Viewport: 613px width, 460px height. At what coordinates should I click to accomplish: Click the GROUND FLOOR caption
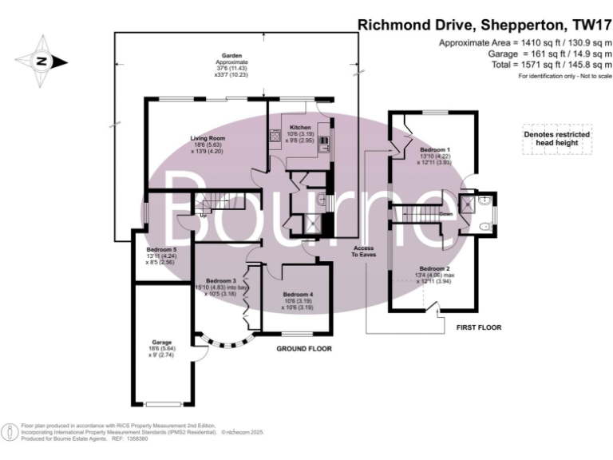304,349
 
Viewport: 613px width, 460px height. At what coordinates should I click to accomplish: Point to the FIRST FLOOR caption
478,327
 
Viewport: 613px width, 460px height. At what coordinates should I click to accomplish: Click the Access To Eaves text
364,252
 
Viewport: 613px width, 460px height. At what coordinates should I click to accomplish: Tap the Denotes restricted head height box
556,139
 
